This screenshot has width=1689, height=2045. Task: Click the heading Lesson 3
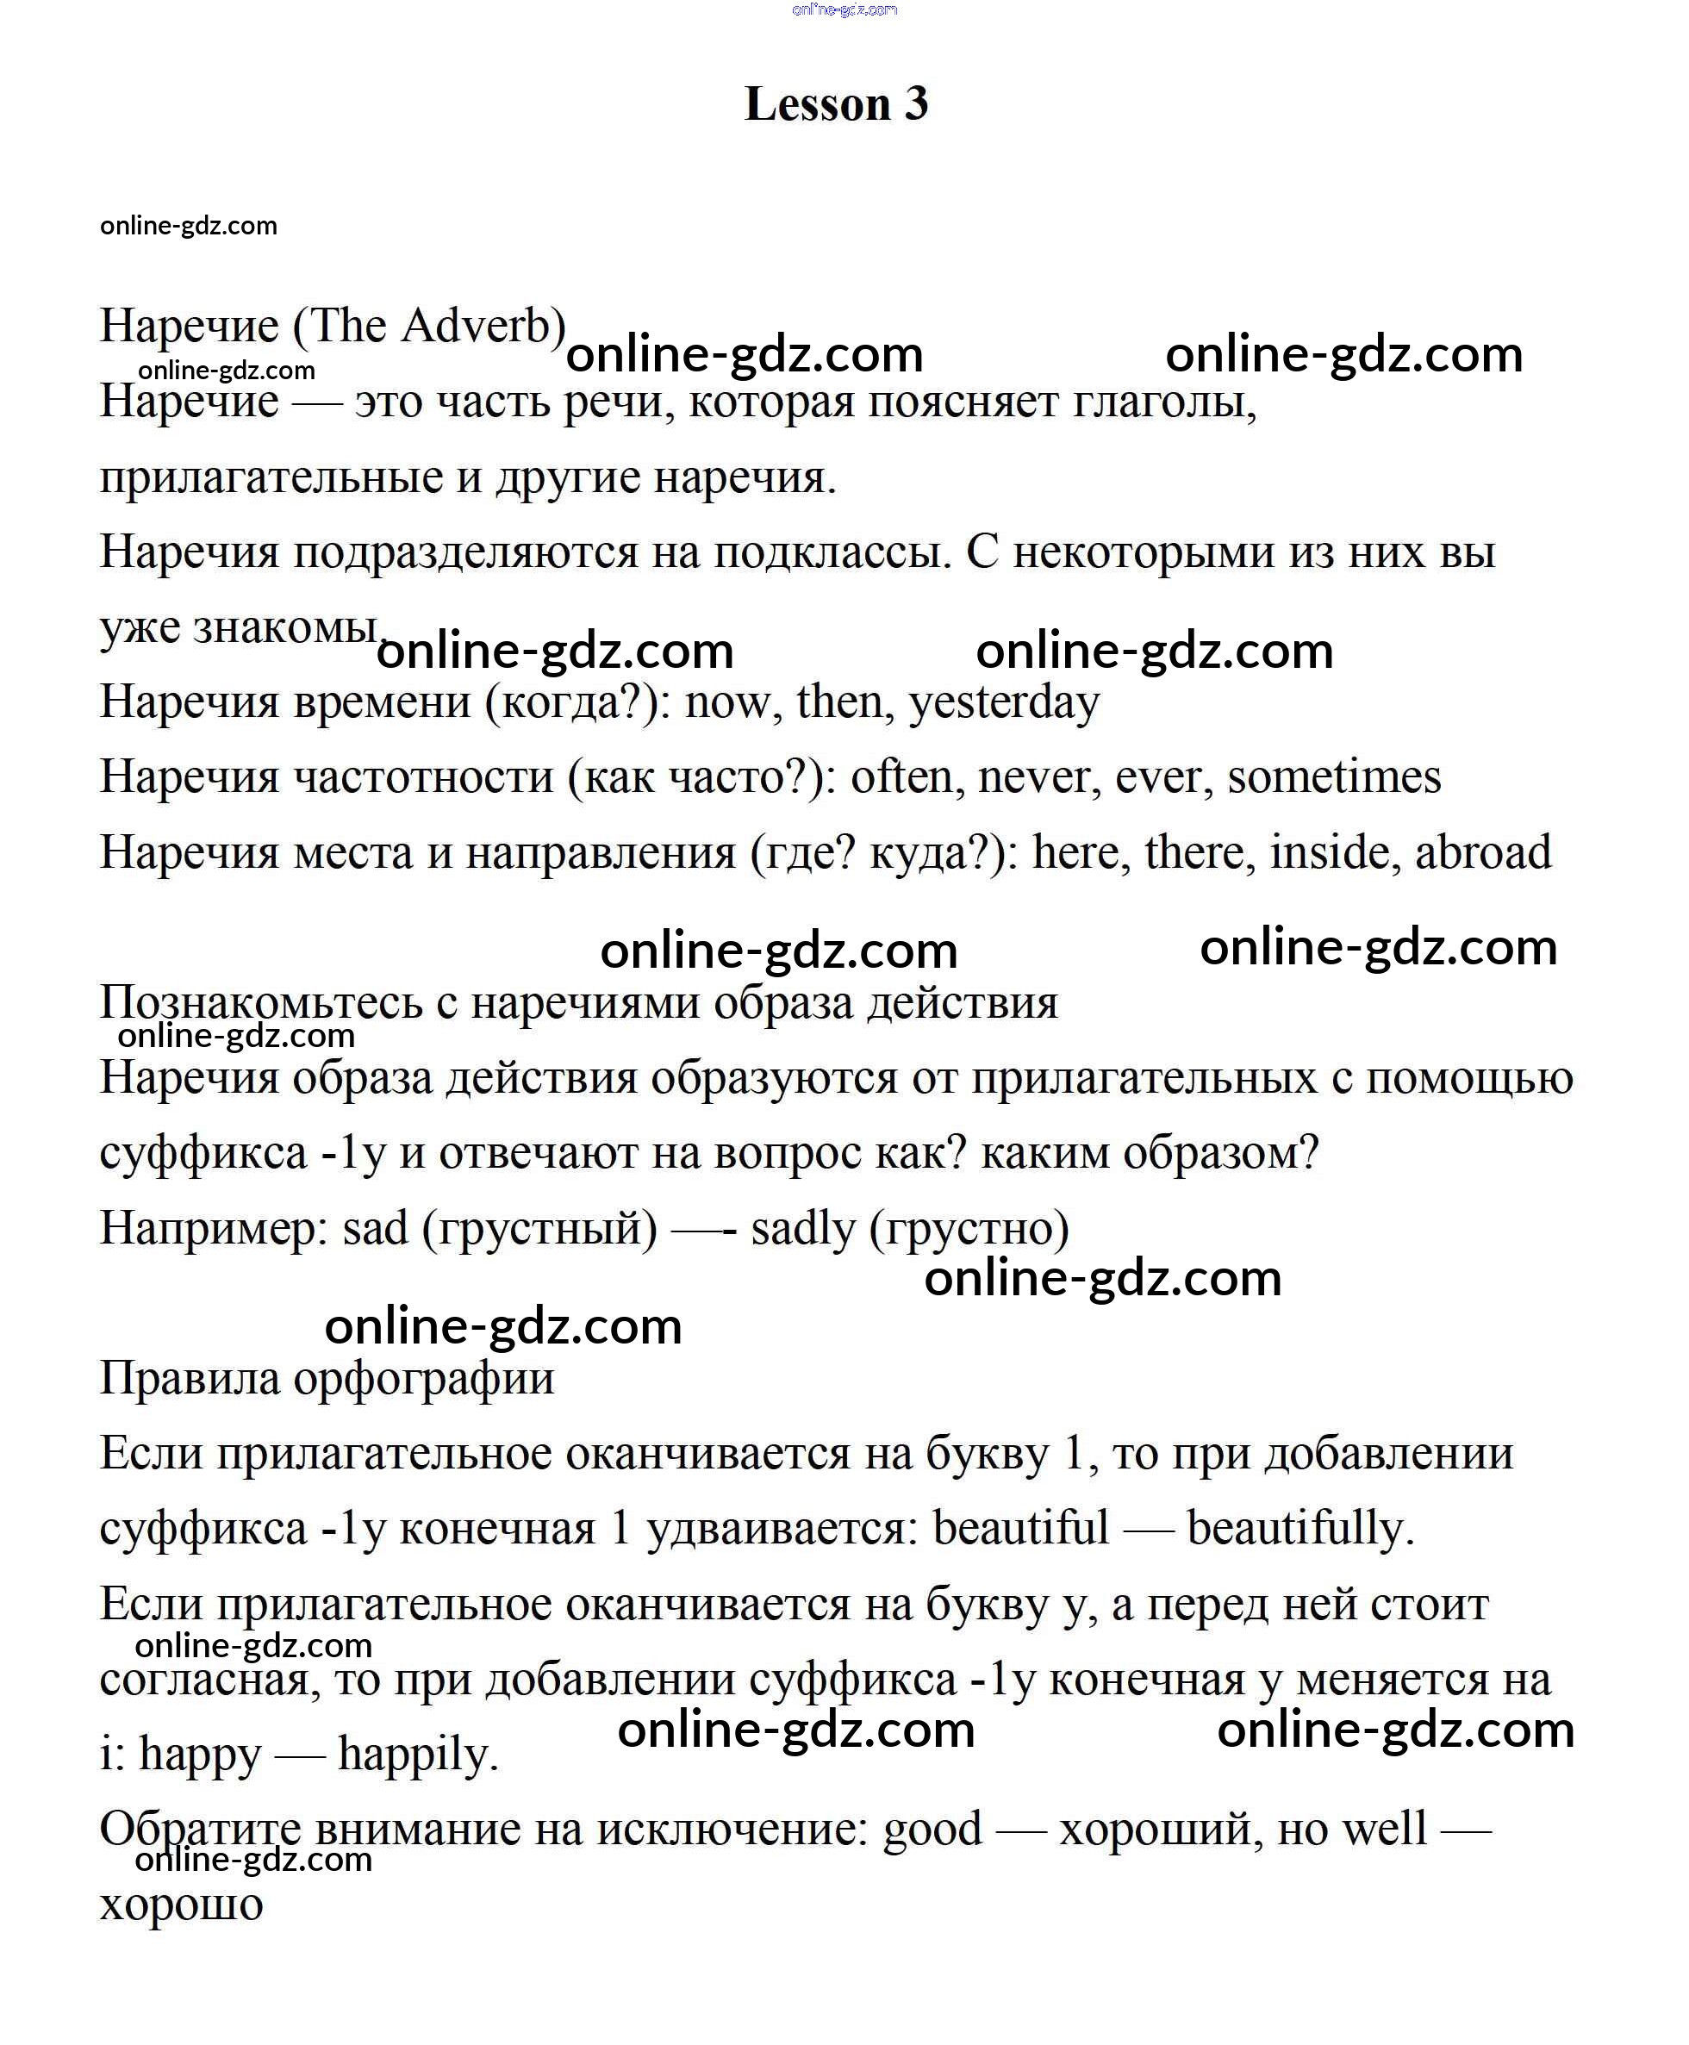coord(836,104)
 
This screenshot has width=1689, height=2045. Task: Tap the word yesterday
coord(1004,702)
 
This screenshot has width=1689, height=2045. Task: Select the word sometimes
coord(1334,777)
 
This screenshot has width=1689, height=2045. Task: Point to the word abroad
coord(1483,853)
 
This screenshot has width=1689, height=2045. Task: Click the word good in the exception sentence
coord(932,1830)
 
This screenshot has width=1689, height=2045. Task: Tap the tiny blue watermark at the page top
coord(844,9)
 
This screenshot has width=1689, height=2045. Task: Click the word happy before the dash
coord(201,1756)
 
